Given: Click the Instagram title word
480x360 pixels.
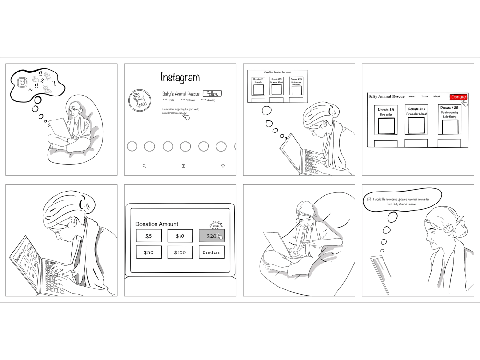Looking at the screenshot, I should pyautogui.click(x=180, y=77).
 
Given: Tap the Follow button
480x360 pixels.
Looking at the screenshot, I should pyautogui.click(x=212, y=94).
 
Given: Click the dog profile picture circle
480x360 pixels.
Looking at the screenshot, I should pyautogui.click(x=139, y=99).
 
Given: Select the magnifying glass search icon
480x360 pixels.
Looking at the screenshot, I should pyautogui.click(x=144, y=166).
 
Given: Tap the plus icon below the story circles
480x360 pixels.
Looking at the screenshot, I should pyautogui.click(x=183, y=166).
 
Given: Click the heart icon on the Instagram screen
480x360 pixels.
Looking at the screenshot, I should pyautogui.click(x=223, y=166).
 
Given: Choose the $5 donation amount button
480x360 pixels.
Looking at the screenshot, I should pyautogui.click(x=148, y=236).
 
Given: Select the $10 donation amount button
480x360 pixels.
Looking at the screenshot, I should pyautogui.click(x=180, y=236).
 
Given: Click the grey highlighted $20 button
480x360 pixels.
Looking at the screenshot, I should pyautogui.click(x=211, y=236).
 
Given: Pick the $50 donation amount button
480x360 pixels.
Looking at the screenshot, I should pyautogui.click(x=148, y=252).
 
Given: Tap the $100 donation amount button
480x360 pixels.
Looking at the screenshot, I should pyautogui.click(x=180, y=252).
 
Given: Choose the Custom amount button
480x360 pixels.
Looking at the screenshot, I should pyautogui.click(x=211, y=252).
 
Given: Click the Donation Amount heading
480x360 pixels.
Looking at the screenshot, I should pyautogui.click(x=156, y=224).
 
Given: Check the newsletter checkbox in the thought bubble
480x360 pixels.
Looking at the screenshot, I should pyautogui.click(x=369, y=199).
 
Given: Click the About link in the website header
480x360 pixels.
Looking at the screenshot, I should pyautogui.click(x=412, y=96).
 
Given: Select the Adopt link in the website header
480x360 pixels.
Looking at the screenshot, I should pyautogui.click(x=436, y=96).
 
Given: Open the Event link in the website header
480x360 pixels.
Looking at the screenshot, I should pyautogui.click(x=425, y=96).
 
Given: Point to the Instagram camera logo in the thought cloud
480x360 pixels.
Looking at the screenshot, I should pyautogui.click(x=22, y=83).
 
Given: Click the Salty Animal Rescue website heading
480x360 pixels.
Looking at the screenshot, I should pyautogui.click(x=386, y=96).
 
